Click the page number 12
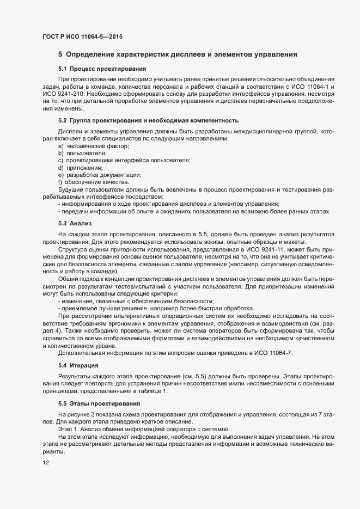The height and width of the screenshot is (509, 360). [x=45, y=463]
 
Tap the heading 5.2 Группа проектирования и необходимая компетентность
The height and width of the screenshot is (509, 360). [x=148, y=120]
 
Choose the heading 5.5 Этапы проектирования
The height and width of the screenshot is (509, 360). [x=97, y=403]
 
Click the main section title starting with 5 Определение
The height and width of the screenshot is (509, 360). [x=177, y=54]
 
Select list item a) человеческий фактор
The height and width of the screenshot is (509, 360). [x=93, y=146]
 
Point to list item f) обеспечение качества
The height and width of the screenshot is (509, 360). [x=93, y=182]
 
